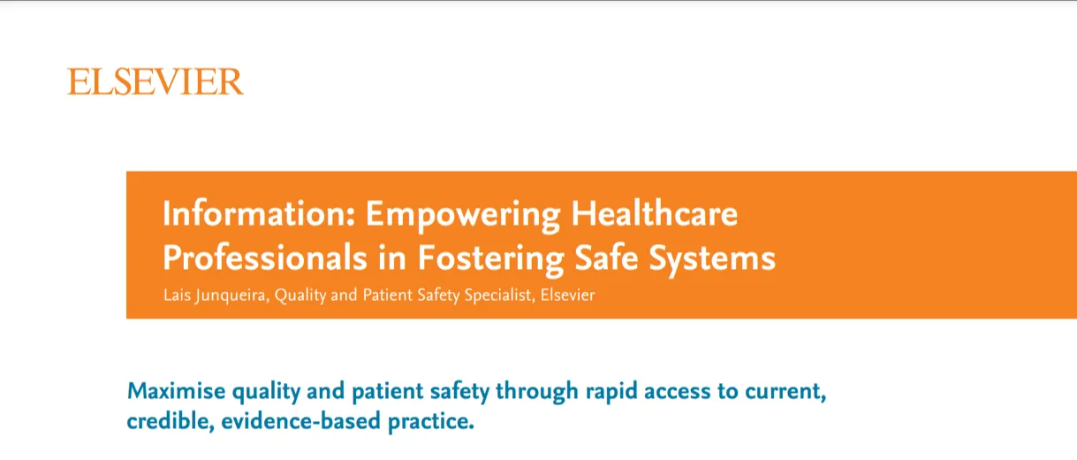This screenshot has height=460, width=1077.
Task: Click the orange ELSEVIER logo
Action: (x=155, y=81)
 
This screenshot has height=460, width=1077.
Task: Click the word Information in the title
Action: (x=258, y=213)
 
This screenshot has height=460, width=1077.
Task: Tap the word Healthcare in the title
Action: (x=655, y=213)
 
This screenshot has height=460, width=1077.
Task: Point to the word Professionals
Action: (x=265, y=258)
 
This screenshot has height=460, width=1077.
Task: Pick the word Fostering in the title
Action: (x=490, y=260)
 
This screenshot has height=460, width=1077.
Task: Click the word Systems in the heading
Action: (x=712, y=260)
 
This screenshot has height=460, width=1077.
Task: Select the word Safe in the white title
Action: (x=606, y=257)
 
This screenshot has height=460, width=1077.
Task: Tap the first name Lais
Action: (x=177, y=295)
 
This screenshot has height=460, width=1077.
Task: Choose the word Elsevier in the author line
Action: (x=567, y=295)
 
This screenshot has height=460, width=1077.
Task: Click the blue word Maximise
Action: (x=176, y=390)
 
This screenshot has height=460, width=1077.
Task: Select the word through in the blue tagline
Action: (x=536, y=392)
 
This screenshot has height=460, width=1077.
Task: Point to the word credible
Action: (x=171, y=421)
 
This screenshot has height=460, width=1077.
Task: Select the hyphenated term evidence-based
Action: (x=300, y=420)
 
